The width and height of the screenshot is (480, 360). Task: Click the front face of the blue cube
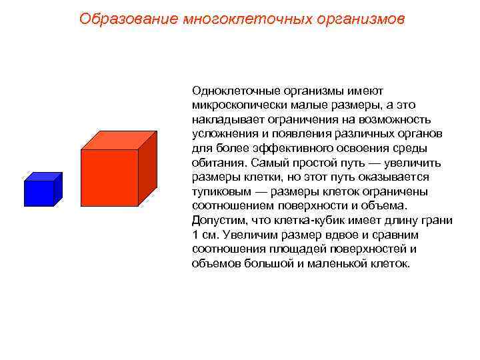pyautogui.click(x=39, y=193)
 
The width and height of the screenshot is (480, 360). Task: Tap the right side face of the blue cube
pyautogui.click(x=58, y=189)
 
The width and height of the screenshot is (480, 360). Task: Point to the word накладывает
pyautogui.click(x=224, y=119)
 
